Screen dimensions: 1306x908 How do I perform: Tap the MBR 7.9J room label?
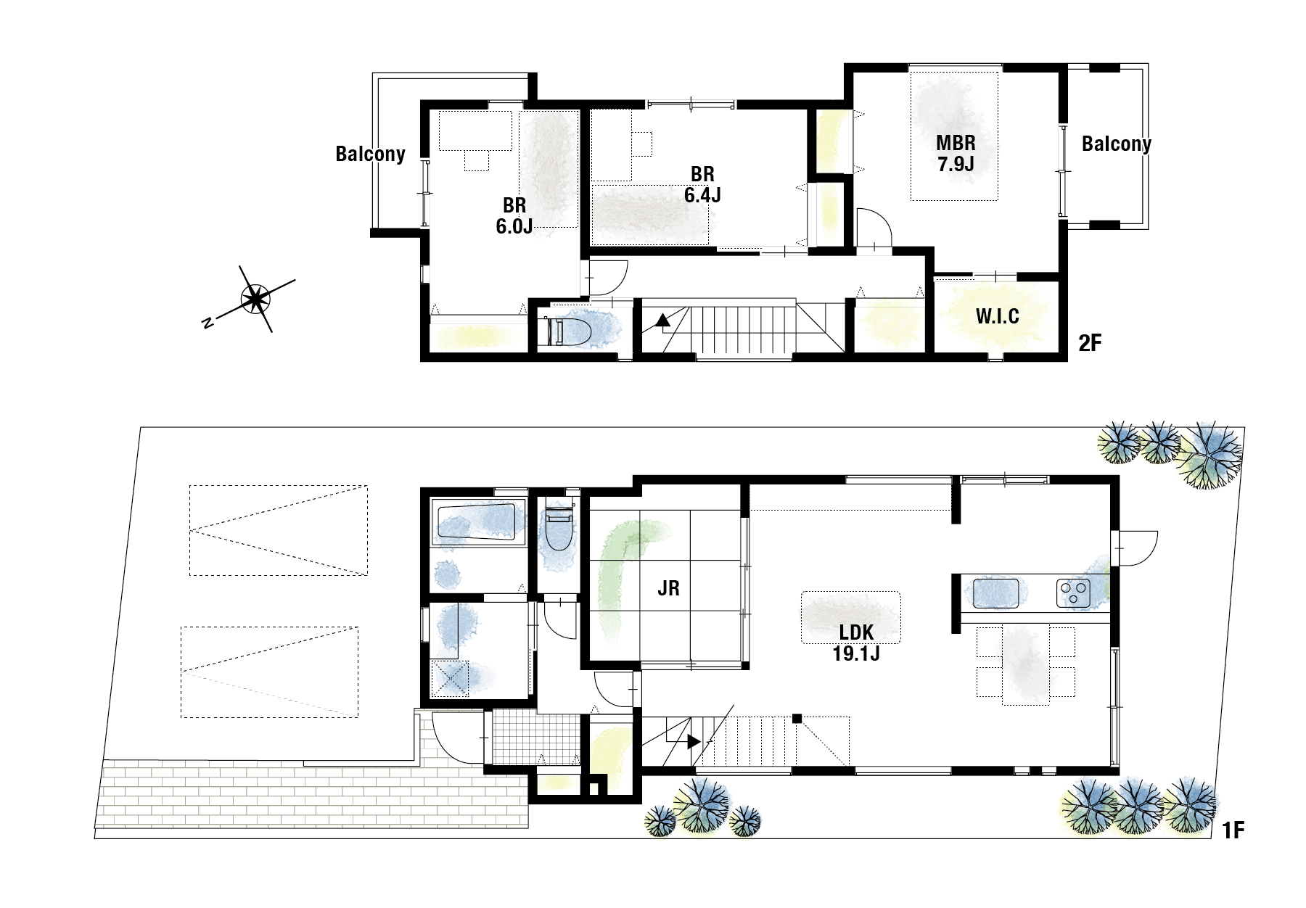click(x=956, y=153)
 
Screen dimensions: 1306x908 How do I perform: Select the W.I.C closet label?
click(x=997, y=316)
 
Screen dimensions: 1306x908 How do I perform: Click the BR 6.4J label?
click(x=702, y=184)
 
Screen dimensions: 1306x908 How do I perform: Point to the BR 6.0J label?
click(x=514, y=215)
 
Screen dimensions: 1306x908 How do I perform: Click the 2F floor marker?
click(x=1089, y=342)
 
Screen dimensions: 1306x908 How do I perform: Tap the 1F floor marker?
click(x=1233, y=829)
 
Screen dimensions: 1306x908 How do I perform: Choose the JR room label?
click(x=668, y=588)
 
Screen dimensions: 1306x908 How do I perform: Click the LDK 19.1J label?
click(x=856, y=643)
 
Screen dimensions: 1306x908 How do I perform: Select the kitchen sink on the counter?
click(x=995, y=593)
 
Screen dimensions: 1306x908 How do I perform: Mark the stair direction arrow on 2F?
click(x=662, y=320)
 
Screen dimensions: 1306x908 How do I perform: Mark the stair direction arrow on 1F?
click(x=694, y=742)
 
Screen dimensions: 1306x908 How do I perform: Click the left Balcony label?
click(x=370, y=154)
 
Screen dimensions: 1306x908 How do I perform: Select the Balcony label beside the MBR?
click(x=1116, y=144)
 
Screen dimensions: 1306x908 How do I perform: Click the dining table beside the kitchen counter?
click(x=1025, y=664)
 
